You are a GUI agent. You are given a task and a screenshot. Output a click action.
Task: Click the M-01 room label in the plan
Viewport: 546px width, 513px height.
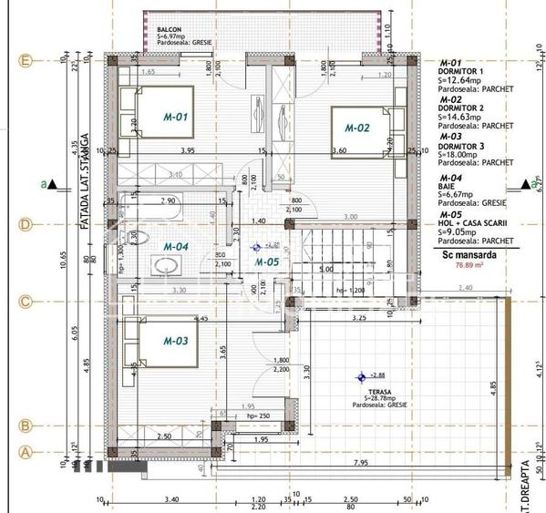coord(176,117)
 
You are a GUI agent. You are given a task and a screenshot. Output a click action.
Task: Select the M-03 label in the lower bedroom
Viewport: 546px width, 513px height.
coord(176,341)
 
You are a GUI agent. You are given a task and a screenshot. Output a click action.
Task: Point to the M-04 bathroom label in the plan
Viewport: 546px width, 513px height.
coord(176,246)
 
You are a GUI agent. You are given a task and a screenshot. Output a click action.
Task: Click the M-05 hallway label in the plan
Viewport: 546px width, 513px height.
coord(266,262)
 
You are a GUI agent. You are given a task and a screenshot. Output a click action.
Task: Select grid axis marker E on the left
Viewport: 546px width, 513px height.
coord(26,61)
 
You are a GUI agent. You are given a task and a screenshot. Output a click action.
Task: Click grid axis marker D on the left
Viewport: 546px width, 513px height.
coord(26,224)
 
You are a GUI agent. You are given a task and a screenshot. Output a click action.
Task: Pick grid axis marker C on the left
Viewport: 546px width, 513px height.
coord(26,302)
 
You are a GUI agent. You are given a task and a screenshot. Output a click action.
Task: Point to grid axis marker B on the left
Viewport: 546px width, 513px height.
coord(26,426)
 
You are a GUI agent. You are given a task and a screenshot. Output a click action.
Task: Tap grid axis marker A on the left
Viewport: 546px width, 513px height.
coord(26,450)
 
